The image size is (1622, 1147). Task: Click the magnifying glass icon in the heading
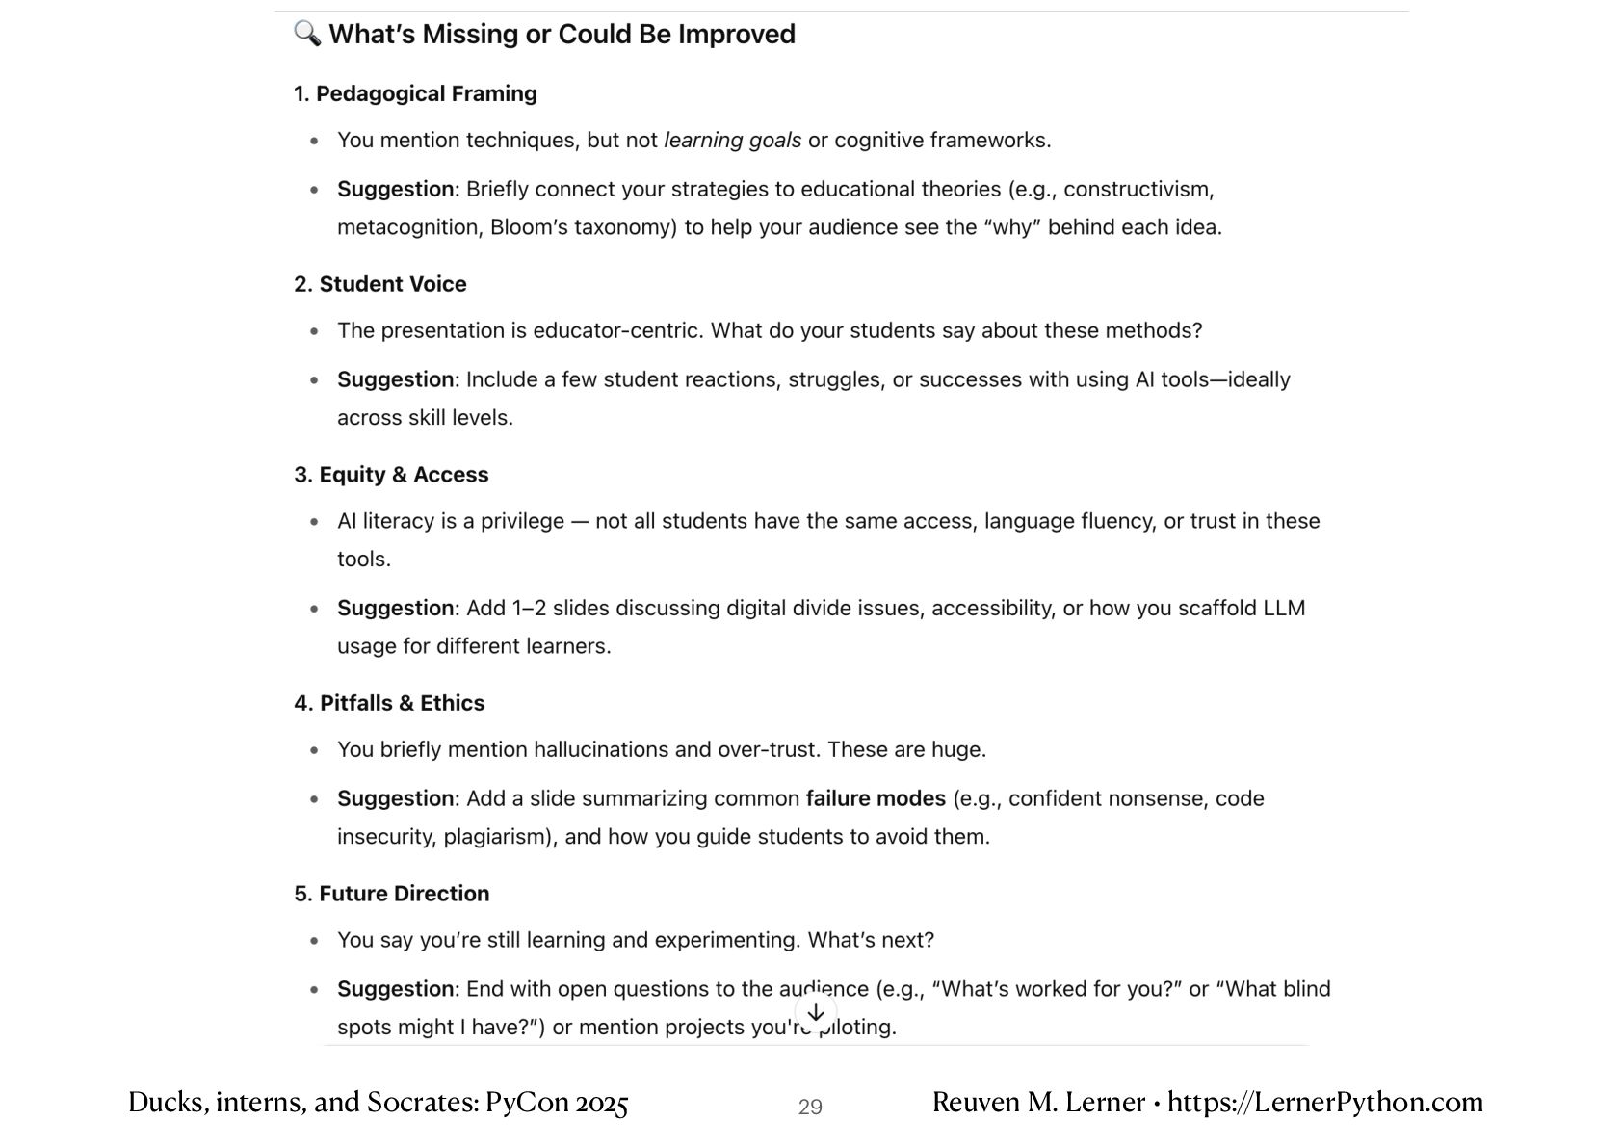pos(307,34)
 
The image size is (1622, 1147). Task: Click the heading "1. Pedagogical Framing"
pos(415,93)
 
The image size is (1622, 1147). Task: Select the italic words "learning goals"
pos(732,141)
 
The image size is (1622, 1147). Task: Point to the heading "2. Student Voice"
pos(380,284)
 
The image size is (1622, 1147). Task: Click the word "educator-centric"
pos(618,331)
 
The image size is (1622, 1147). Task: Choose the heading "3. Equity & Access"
pos(391,475)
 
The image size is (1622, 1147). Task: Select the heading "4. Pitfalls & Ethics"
pos(389,703)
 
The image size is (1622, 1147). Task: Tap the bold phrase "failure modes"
pos(876,798)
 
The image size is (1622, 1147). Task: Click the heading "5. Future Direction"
pos(391,894)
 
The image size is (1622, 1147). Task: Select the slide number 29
pos(810,1108)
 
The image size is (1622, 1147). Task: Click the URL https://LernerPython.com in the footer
pos(1325,1103)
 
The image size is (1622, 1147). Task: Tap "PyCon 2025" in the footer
pos(557,1103)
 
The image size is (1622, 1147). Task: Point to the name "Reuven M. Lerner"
pos(1038,1103)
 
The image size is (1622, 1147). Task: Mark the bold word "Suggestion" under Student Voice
pos(395,379)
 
